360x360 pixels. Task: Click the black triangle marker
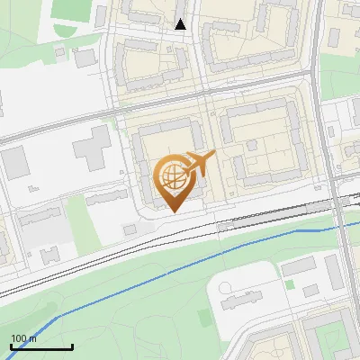[181, 24]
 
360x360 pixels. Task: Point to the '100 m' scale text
[23, 338]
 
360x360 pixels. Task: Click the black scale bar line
[41, 346]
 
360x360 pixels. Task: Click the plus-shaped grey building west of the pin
[94, 148]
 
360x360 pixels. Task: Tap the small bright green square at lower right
[290, 284]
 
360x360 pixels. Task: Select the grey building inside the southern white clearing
[238, 296]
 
